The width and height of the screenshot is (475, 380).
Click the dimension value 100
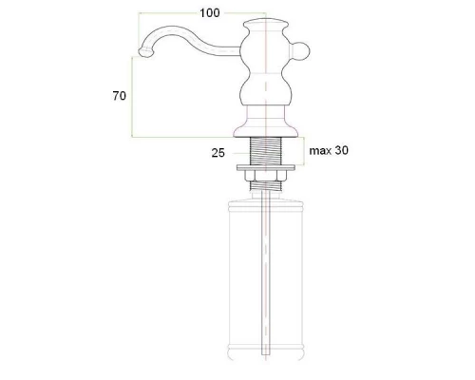pyautogui.click(x=210, y=12)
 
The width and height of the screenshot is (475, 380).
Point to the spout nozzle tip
pyautogui.click(x=143, y=56)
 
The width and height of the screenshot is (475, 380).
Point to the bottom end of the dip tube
pyautogui.click(x=267, y=359)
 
